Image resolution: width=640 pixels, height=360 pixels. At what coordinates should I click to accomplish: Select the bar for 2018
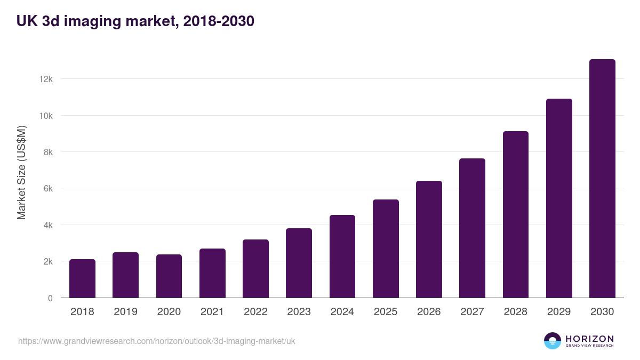tap(82, 278)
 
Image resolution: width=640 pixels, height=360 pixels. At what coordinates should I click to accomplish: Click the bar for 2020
tap(169, 276)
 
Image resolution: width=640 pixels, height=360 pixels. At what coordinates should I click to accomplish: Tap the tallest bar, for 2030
tap(602, 179)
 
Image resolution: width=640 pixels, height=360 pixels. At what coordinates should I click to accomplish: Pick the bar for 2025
tap(386, 249)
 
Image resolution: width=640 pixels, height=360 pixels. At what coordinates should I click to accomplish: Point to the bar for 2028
tap(516, 214)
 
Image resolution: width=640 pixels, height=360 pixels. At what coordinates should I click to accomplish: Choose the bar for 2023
tap(299, 263)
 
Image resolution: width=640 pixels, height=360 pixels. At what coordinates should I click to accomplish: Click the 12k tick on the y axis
tap(46, 79)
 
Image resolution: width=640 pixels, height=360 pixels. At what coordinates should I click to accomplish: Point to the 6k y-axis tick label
tap(47, 189)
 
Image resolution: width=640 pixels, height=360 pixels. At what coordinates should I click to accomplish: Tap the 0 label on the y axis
tap(50, 298)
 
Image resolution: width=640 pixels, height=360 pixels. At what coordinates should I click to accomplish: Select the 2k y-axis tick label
tap(47, 262)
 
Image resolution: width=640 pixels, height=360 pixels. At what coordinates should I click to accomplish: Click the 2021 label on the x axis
tap(212, 312)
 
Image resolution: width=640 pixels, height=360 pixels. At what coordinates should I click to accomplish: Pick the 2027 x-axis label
tap(472, 312)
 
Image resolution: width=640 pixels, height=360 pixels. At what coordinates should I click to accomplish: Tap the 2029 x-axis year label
tap(559, 312)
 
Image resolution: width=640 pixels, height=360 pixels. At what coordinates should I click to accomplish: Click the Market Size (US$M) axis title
tap(21, 173)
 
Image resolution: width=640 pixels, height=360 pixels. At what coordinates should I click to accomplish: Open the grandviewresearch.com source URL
tap(157, 341)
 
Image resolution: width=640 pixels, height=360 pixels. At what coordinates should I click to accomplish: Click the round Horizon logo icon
tap(553, 341)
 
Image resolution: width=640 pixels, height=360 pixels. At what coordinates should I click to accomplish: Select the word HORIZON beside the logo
tap(589, 338)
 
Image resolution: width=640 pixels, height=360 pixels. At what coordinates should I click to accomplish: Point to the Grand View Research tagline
tap(589, 346)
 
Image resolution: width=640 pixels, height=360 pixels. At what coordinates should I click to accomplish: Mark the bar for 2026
tap(429, 239)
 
